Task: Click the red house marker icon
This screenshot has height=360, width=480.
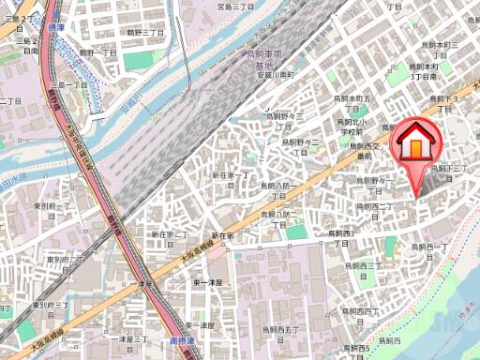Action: tap(412, 144)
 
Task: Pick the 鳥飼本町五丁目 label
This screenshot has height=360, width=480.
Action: tap(353, 102)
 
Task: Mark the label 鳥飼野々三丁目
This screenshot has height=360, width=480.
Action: tap(286, 116)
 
